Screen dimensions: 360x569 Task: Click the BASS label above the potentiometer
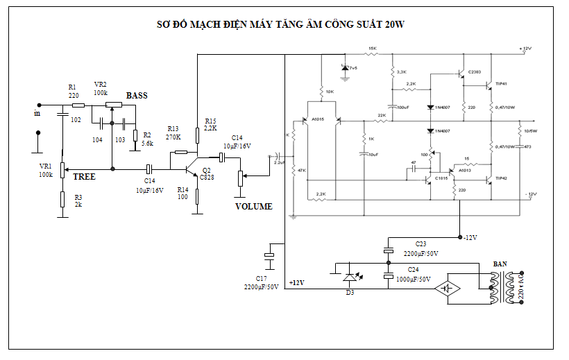(x=137, y=95)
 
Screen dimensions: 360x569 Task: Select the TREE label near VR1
(x=85, y=177)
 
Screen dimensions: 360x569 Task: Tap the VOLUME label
(x=254, y=207)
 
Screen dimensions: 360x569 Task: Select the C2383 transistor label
(x=475, y=72)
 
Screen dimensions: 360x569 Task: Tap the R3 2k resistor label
(x=78, y=202)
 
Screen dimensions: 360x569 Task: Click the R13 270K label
(x=173, y=133)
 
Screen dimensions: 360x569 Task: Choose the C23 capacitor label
(x=421, y=244)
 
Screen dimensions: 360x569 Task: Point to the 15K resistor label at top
(x=372, y=49)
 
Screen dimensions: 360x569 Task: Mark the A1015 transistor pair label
(x=319, y=119)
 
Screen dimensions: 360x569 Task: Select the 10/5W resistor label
(x=529, y=131)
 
